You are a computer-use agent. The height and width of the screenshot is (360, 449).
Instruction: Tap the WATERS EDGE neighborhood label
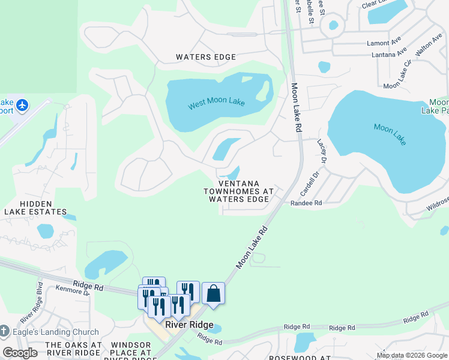point(206,57)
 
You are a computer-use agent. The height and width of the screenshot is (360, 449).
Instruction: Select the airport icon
point(23,106)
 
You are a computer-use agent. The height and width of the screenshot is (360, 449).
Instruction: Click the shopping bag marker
point(213,294)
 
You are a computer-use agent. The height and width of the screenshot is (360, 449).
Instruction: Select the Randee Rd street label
point(306,203)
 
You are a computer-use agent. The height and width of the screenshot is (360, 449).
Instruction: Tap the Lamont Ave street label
point(384,43)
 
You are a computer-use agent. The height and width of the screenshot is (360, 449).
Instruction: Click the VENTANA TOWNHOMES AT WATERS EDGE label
point(239,191)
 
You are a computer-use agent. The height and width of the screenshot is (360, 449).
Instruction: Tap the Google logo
point(20,353)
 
